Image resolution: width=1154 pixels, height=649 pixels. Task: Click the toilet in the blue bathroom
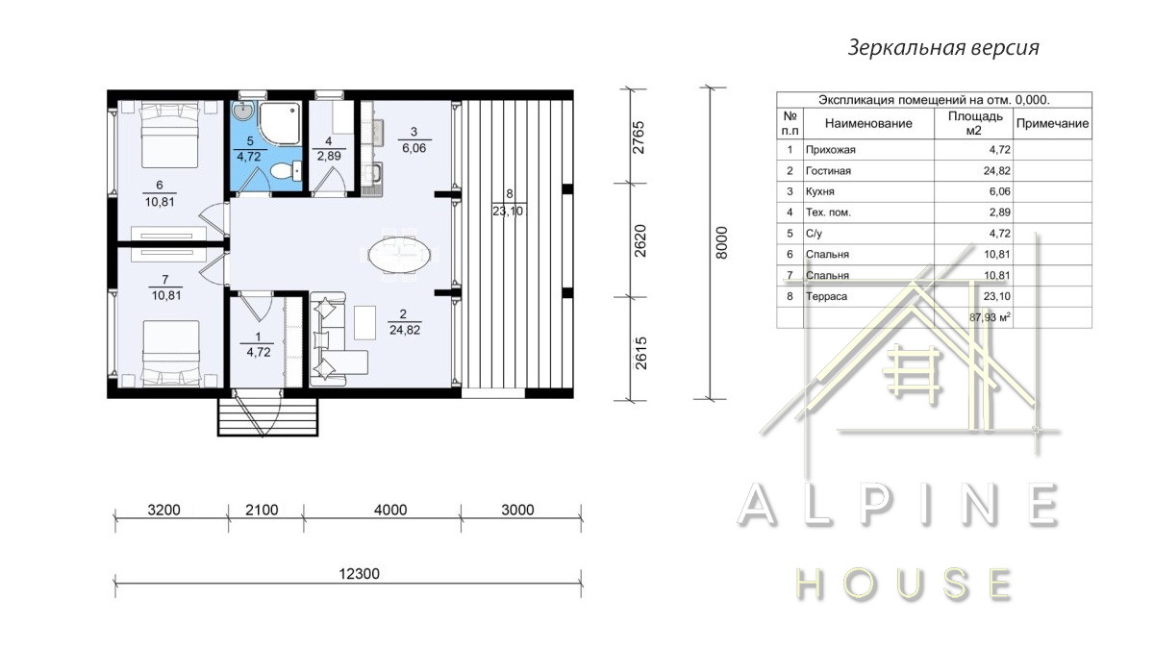(286, 171)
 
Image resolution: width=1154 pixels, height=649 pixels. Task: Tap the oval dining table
(399, 255)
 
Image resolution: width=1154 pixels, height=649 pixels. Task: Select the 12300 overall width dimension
(359, 574)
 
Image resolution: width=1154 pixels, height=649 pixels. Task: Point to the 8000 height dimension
(722, 242)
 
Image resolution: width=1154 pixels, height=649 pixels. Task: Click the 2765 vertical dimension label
(639, 137)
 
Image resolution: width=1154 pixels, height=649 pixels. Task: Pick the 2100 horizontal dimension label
(262, 510)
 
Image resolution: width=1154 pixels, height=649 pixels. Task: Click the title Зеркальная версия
(943, 48)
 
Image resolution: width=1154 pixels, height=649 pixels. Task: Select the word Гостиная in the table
(828, 171)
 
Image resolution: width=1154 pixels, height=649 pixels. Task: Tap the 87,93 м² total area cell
(990, 317)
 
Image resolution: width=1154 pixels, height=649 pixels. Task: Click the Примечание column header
(1052, 124)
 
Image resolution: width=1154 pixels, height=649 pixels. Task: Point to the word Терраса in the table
(826, 297)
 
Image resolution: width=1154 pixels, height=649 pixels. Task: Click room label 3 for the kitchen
(414, 132)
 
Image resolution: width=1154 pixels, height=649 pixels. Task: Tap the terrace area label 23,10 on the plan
(508, 211)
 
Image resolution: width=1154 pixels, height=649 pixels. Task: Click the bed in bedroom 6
(170, 135)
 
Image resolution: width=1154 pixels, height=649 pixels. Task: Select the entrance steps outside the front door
(268, 416)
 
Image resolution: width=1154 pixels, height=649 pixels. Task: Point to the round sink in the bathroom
(241, 111)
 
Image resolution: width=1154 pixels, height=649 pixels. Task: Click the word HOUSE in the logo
(904, 585)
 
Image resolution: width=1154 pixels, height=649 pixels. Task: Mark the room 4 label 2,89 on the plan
(329, 156)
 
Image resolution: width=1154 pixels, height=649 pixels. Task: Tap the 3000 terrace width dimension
(517, 510)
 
